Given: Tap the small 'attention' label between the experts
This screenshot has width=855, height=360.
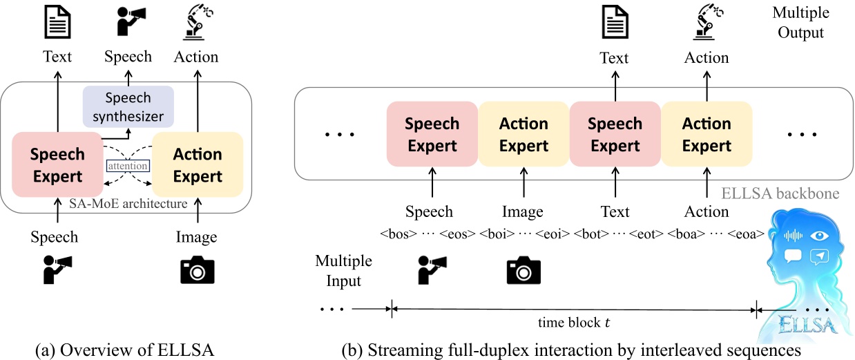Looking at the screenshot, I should (127, 167).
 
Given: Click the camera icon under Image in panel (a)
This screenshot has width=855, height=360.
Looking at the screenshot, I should (197, 270).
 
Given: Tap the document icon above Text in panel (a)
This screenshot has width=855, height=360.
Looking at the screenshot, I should (57, 23).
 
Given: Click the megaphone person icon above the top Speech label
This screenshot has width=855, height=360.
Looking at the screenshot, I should (127, 23).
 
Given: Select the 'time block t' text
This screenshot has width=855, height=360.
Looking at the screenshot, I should (573, 322).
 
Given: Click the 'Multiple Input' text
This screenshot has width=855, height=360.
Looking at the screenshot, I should (343, 271).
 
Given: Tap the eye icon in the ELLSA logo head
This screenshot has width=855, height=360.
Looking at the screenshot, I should (820, 235).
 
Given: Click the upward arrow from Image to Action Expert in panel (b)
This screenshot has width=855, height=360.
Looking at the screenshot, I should (523, 185).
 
